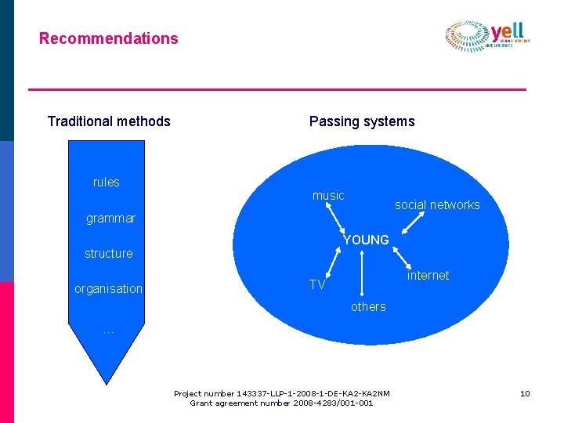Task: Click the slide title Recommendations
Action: [x=109, y=38]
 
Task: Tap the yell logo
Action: [x=488, y=36]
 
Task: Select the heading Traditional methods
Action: [x=109, y=121]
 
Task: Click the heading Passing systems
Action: [x=362, y=121]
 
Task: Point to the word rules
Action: [x=107, y=183]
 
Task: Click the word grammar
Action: [x=110, y=219]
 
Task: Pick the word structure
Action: [x=109, y=254]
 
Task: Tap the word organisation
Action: [x=109, y=289]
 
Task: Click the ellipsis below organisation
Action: [x=108, y=331]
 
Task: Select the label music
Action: [x=328, y=196]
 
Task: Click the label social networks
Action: [x=437, y=205]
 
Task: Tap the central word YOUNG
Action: [x=366, y=240]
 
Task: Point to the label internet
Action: [x=428, y=276]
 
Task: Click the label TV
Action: [x=317, y=284]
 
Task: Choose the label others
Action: [x=368, y=307]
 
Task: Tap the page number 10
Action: [x=525, y=393]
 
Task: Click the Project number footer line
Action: [x=282, y=393]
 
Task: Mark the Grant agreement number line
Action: [x=282, y=403]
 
